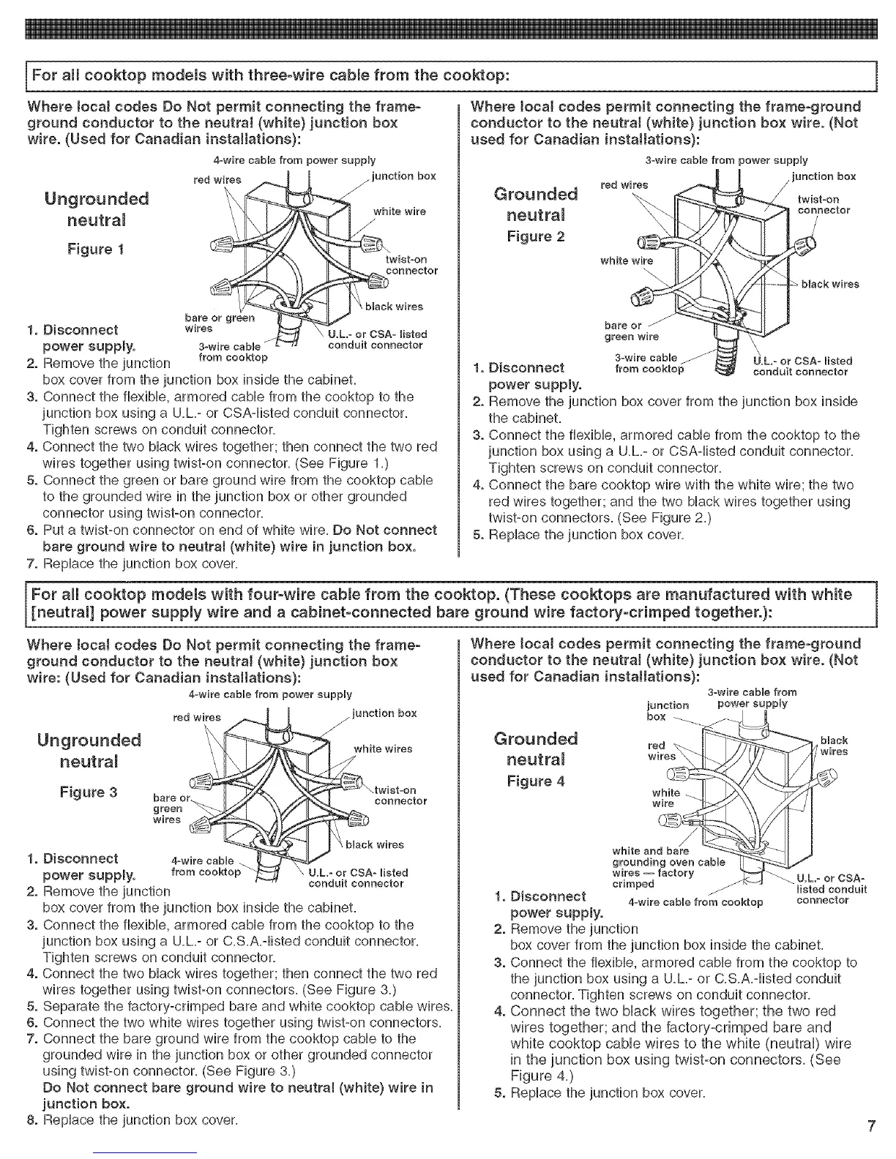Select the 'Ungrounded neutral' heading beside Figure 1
tap(97, 209)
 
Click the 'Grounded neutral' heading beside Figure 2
tap(536, 204)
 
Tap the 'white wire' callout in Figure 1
tap(400, 211)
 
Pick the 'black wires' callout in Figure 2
tap(830, 284)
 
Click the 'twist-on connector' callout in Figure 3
tap(400, 795)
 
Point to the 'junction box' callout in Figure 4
tap(668, 710)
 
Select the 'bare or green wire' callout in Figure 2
tap(631, 331)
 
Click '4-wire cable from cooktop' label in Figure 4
tap(695, 901)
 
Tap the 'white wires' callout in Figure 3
tap(383, 749)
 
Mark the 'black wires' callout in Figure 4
tap(834, 746)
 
